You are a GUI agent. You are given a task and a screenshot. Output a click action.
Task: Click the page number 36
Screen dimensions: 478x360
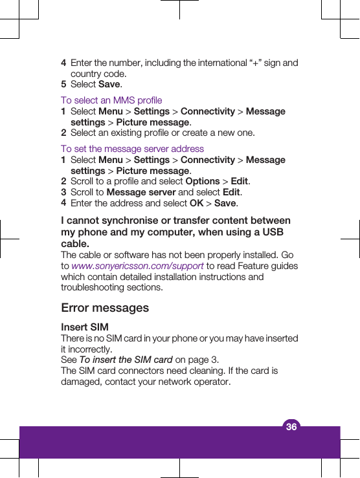[x=291, y=427]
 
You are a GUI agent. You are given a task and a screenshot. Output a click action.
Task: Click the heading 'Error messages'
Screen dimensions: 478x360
[x=105, y=308]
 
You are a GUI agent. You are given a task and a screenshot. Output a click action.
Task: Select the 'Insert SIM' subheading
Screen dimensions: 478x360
[x=85, y=327]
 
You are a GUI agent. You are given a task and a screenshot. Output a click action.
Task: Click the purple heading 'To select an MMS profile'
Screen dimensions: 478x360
[x=111, y=100]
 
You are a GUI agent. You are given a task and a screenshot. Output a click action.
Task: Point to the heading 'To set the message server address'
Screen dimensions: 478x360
[x=132, y=149]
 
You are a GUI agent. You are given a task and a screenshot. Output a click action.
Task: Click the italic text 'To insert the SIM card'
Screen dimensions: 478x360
[x=126, y=360]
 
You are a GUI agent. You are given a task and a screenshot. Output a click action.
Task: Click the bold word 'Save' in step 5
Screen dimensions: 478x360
[x=109, y=84]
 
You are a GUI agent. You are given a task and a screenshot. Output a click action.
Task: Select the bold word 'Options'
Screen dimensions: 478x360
[x=202, y=182]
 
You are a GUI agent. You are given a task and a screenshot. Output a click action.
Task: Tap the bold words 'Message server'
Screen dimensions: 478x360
[x=141, y=192]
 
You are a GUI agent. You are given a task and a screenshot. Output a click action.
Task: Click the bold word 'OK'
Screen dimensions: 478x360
[x=196, y=203]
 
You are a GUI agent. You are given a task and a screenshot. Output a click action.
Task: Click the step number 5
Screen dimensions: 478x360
[x=63, y=84]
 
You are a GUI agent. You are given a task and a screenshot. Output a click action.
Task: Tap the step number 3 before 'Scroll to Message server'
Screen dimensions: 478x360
[x=63, y=192]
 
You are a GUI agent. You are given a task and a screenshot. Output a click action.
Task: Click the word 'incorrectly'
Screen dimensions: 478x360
[x=90, y=349]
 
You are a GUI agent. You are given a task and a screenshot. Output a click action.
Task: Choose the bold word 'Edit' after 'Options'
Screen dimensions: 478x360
[x=239, y=182]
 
